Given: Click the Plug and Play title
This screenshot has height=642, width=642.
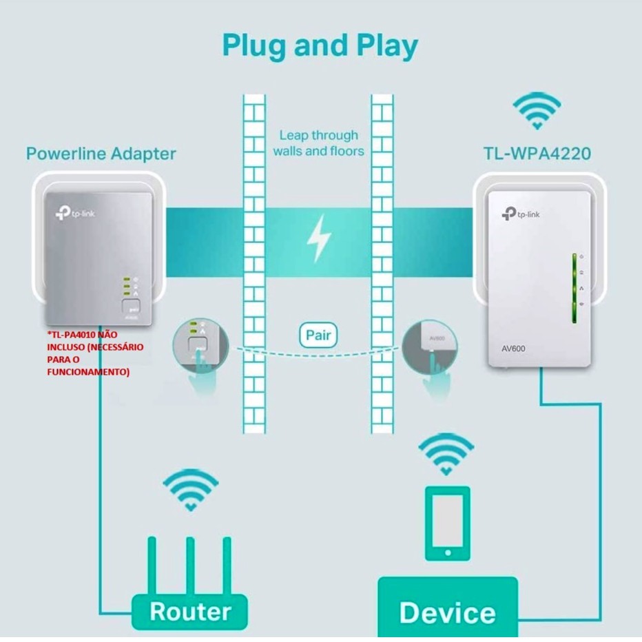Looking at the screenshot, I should pyautogui.click(x=320, y=45).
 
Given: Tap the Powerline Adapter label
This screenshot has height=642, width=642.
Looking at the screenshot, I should pyautogui.click(x=101, y=153).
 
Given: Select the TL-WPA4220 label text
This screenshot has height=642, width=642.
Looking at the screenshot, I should pyautogui.click(x=536, y=153).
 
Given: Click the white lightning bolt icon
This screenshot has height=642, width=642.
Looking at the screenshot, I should pyautogui.click(x=319, y=238).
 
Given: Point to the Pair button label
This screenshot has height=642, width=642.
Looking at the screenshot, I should pyautogui.click(x=318, y=337).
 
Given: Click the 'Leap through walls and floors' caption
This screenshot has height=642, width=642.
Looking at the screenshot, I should pyautogui.click(x=318, y=143).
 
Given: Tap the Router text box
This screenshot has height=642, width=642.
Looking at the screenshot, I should pyautogui.click(x=189, y=611).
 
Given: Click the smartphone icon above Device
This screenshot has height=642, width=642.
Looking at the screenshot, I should pyautogui.click(x=447, y=523).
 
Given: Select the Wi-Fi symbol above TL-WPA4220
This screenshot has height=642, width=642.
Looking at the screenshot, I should pyautogui.click(x=537, y=110).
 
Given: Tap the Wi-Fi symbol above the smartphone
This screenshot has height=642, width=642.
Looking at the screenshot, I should pyautogui.click(x=446, y=455).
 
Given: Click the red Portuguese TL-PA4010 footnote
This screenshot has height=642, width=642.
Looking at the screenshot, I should pyautogui.click(x=96, y=353).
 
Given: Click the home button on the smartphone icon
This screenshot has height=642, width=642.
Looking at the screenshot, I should pyautogui.click(x=447, y=552).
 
